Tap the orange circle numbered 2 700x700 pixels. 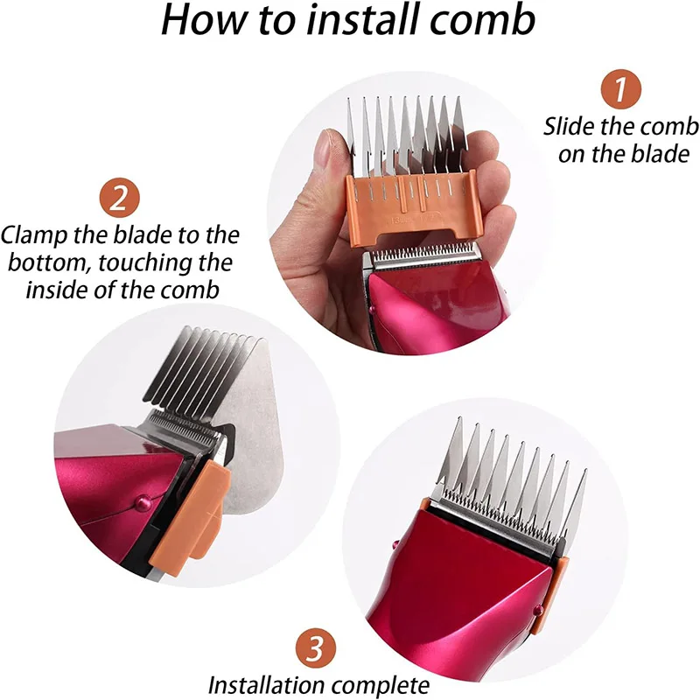pos(121,199)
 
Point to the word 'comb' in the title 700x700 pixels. pos(486,21)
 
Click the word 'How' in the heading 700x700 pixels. pos(200,21)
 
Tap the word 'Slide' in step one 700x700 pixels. pos(570,126)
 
